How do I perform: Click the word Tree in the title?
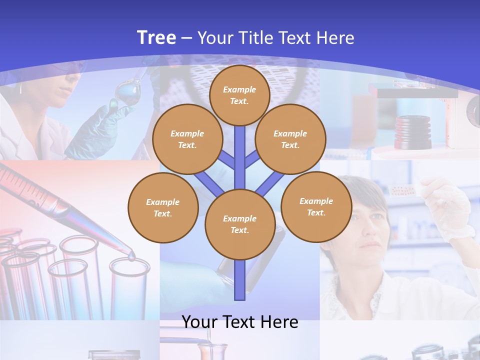click(156, 37)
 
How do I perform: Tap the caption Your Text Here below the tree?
click(239, 322)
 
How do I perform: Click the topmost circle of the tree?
click(239, 95)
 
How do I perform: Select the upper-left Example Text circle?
click(187, 139)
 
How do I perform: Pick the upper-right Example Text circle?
click(290, 139)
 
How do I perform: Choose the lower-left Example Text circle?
click(163, 208)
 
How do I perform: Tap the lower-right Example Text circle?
click(316, 206)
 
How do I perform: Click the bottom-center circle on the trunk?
click(239, 224)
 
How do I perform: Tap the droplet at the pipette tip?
click(131, 256)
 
